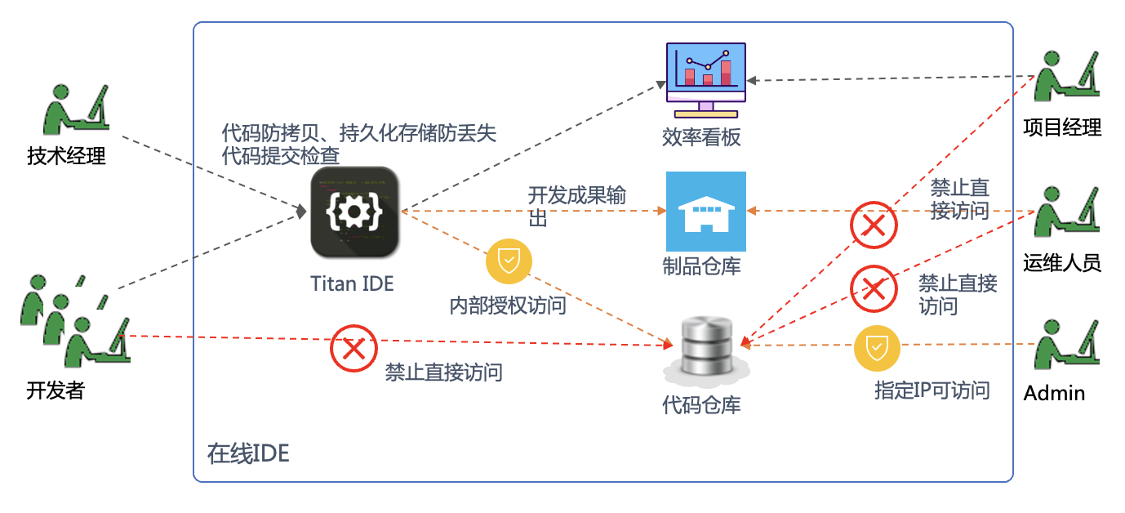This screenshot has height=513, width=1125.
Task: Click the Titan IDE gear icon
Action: pyautogui.click(x=355, y=212)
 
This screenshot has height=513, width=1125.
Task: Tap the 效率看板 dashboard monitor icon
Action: pyautogui.click(x=705, y=79)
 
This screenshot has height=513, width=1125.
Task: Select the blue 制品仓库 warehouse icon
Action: pyautogui.click(x=705, y=211)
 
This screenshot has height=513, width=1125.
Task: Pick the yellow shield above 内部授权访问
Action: pyautogui.click(x=509, y=261)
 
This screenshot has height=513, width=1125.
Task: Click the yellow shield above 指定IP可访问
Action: pyautogui.click(x=877, y=348)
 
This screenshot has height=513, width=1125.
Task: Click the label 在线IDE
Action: pyautogui.click(x=248, y=454)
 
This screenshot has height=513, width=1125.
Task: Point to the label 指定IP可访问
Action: pyautogui.click(x=932, y=390)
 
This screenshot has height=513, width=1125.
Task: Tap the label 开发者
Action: pyautogui.click(x=56, y=390)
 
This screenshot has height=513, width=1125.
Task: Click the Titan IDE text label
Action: pyautogui.click(x=352, y=283)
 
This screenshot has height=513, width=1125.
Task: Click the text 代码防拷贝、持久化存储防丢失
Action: pyautogui.click(x=359, y=132)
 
